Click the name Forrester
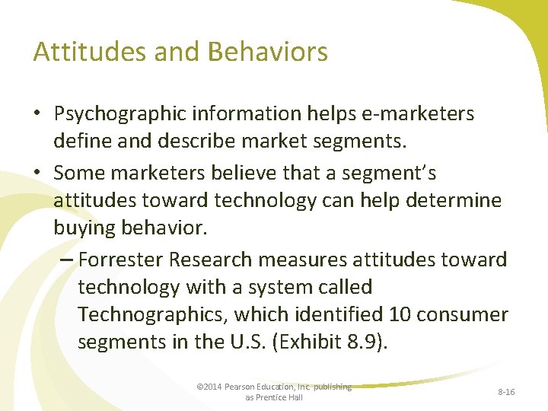120,260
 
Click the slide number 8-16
505,391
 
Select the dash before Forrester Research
66,260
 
